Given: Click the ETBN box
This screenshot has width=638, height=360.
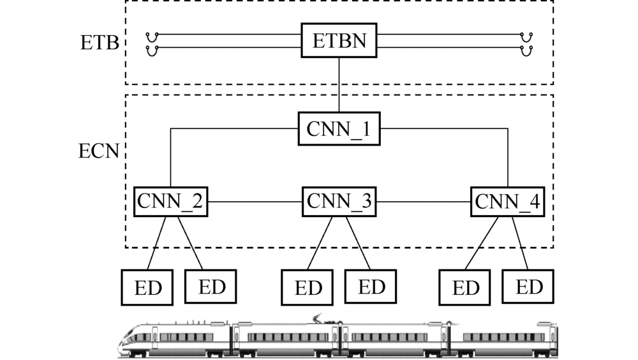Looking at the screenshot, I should point(339,41).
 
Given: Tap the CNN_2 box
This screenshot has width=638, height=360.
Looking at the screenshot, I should point(170,202).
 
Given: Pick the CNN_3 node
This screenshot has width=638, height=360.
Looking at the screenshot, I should point(339,202).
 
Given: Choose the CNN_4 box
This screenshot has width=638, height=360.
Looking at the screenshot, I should point(508,202).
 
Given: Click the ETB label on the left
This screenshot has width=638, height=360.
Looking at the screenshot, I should point(100,43).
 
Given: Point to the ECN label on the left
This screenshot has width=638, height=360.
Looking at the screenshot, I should point(99,153).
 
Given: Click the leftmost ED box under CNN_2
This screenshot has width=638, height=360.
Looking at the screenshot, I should point(147,287).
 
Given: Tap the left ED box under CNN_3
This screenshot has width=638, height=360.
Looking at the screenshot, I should point(308,287).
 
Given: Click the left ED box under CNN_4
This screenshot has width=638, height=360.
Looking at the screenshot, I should point(465,287).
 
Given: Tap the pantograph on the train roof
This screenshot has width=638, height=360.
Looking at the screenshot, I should point(319,317).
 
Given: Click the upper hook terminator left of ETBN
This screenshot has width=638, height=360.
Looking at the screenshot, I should point(151,36).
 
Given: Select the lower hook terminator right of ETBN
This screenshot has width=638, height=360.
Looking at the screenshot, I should point(526,50).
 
